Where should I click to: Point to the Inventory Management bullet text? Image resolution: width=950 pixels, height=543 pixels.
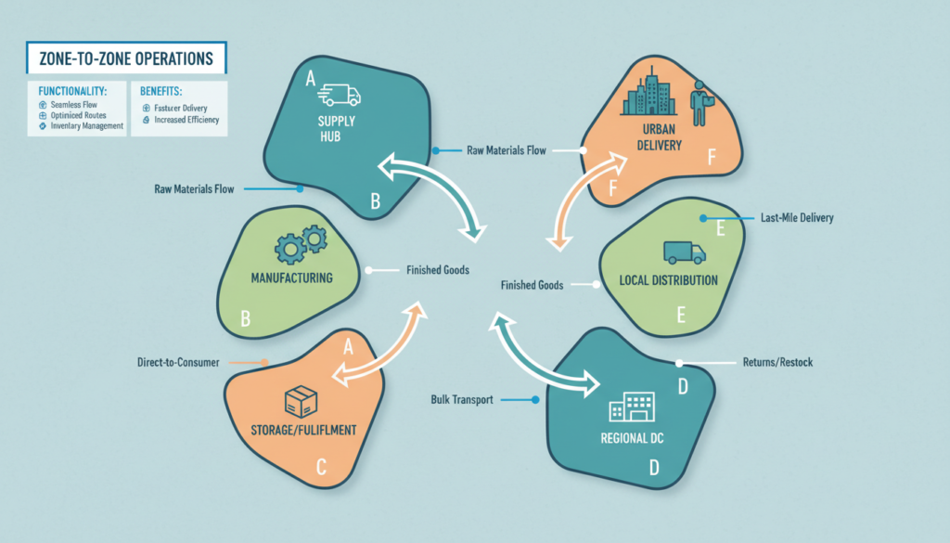point(82,126)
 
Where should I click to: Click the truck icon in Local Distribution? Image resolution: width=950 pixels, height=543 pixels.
point(685,252)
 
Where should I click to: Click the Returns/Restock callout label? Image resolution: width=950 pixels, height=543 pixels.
point(777,362)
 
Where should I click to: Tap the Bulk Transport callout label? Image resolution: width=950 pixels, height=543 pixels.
point(461,400)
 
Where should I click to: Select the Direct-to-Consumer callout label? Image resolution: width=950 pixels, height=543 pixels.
point(174,362)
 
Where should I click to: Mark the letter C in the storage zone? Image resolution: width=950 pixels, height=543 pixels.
point(321,469)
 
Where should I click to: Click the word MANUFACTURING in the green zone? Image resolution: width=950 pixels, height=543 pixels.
point(291,278)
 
